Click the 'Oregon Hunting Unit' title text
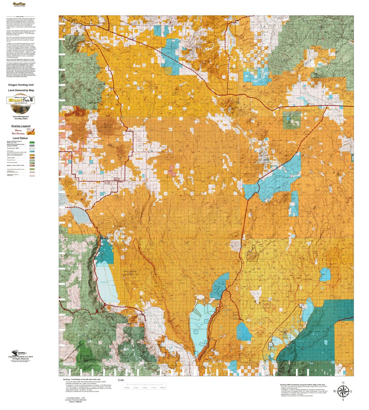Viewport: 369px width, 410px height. pos(21,85)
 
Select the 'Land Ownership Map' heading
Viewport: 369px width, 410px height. pos(21,90)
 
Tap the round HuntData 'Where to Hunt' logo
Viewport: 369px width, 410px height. pos(21,100)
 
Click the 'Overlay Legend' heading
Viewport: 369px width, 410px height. pos(21,126)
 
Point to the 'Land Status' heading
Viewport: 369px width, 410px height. pos(20,138)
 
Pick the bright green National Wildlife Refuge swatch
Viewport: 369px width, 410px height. pos(32,142)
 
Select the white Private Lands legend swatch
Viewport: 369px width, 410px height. pos(32,148)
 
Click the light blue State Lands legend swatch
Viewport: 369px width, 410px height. pos(32,152)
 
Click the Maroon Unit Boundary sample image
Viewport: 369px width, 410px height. pos(31,132)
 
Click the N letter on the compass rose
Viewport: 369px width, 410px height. pos(343,383)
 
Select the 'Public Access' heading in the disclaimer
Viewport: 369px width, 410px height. pos(20,16)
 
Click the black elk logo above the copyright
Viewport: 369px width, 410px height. pos(15,353)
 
